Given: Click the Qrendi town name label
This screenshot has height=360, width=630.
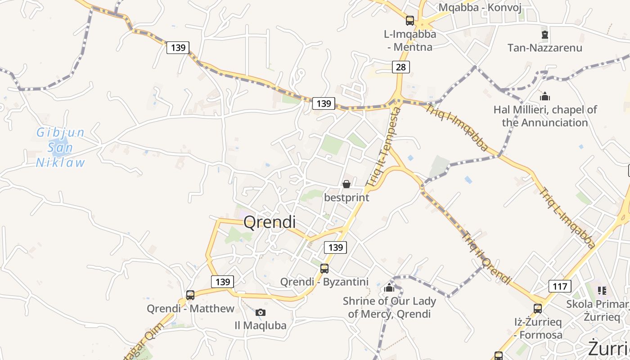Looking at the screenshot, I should coord(270,222).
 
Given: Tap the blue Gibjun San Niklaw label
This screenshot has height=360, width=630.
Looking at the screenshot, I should coord(60,148).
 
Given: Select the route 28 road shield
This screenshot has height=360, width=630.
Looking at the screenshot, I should coord(400,67).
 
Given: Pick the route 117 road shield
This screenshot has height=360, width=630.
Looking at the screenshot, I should coord(560,286).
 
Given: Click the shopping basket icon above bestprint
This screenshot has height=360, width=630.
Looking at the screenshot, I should coord(346,184).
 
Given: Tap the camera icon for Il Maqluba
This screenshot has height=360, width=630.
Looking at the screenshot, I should coord(260,312).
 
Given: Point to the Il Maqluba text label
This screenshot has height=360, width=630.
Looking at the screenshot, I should coord(261,325).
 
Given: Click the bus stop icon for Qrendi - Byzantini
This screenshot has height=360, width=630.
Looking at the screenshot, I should coord(324,269).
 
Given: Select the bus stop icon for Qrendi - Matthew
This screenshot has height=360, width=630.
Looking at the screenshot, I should coord(190,295).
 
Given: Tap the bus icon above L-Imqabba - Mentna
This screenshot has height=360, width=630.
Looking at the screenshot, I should coord(409,20).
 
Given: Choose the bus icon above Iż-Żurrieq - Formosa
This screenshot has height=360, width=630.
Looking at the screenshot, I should coord(538,309).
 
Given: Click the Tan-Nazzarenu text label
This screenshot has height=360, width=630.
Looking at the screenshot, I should coord(544,48).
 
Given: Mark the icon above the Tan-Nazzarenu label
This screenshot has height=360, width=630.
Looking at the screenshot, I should coord(545,34).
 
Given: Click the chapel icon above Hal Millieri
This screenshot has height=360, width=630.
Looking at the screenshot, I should coord(545,96).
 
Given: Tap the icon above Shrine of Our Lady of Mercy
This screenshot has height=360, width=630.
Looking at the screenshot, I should coord(389,288).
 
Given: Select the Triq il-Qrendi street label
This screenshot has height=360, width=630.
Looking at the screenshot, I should coord(487,258).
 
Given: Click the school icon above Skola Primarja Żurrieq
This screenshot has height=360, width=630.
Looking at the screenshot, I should coord(602,291).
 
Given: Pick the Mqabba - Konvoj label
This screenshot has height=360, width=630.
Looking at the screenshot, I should coord(480,7).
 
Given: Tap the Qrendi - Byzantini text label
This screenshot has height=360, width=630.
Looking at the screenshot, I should coord(324,282).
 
